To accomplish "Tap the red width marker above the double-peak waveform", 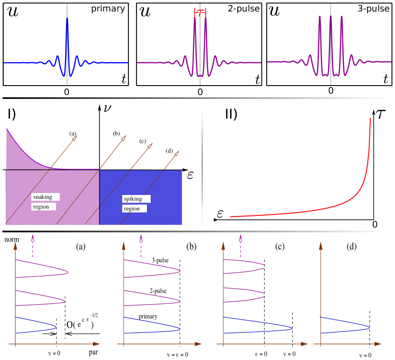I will [200, 12].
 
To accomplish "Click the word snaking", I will [43, 197].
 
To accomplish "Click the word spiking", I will [133, 199].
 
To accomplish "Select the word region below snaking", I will [41, 207].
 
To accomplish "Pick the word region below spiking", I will [132, 209].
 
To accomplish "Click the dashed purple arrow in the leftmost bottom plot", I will [32, 245].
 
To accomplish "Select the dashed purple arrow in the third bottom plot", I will [241, 245].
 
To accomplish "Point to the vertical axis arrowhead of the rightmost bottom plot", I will [321, 245].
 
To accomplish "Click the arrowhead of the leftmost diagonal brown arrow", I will [74, 138].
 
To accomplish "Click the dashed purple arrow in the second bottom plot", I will [141, 245].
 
